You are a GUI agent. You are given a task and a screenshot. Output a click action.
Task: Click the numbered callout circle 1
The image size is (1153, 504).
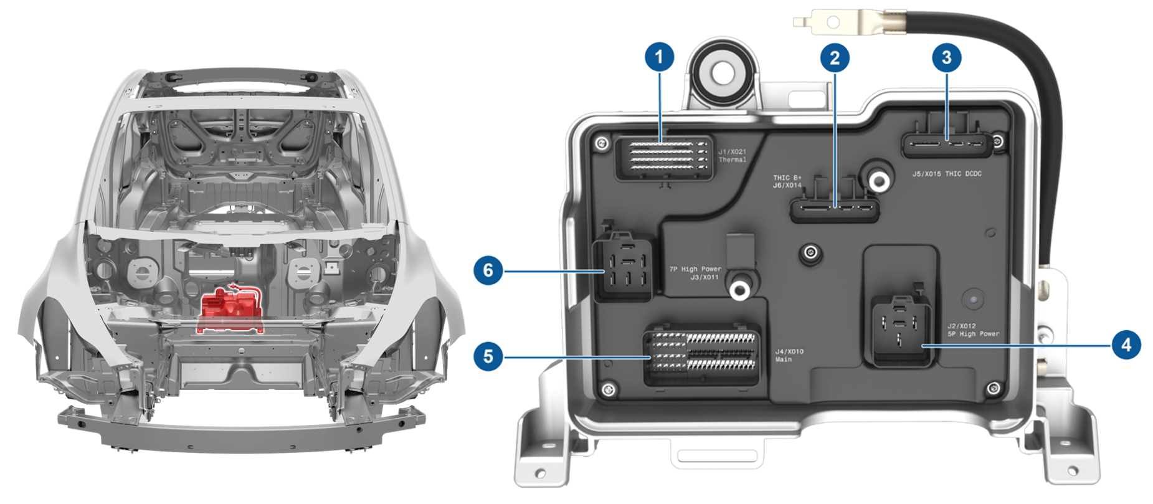tap(659, 57)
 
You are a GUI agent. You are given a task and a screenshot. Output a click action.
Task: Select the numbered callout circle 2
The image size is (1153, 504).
tap(835, 58)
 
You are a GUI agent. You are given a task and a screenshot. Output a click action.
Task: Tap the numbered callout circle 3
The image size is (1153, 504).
tap(946, 57)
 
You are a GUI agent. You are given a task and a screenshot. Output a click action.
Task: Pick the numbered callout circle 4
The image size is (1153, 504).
tap(1126, 345)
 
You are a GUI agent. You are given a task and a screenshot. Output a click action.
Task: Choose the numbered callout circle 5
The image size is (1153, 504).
tap(488, 356)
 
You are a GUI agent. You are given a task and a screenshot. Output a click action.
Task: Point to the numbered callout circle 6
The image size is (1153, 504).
tap(488, 270)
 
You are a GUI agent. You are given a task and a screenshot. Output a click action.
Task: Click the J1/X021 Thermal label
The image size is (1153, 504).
tap(732, 156)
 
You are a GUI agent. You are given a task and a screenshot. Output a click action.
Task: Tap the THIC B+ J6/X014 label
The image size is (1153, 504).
tap(787, 181)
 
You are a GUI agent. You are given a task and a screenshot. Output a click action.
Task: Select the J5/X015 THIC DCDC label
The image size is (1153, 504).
tap(947, 174)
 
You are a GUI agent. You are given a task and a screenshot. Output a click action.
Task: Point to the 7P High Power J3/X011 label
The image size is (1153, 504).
tap(695, 273)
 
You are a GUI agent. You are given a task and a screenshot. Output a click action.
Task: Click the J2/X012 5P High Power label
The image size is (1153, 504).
tap(973, 330)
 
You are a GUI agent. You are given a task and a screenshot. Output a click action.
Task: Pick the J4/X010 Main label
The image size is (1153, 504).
tap(789, 356)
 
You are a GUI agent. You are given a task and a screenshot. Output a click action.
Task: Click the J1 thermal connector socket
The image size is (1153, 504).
tap(664, 158)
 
